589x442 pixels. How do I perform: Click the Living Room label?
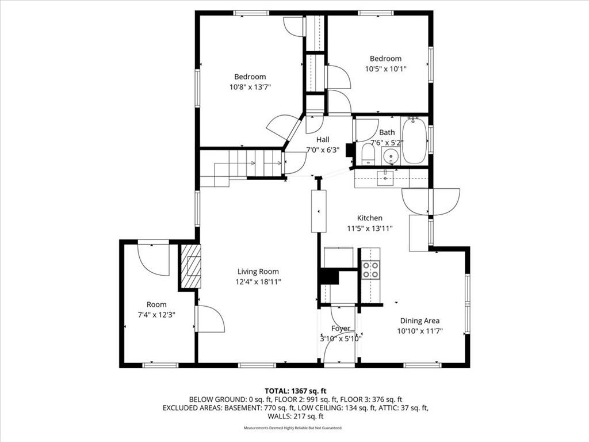tap(258, 272)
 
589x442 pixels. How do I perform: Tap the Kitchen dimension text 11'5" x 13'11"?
tap(370, 228)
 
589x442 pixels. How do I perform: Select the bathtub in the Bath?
tap(414, 140)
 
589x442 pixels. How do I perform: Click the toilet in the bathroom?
tap(368, 155)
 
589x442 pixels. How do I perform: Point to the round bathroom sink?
tap(391, 155)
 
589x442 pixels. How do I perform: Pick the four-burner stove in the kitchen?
tap(370, 270)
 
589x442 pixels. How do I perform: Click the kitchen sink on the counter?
tap(385, 178)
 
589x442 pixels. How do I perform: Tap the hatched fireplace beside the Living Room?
tap(190, 266)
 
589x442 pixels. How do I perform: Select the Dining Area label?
tap(419, 321)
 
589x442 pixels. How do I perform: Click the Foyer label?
tap(341, 329)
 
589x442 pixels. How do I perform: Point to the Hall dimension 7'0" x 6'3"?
tap(323, 150)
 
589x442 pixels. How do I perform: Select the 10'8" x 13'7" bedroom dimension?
tap(250, 87)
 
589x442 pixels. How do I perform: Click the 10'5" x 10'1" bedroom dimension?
tap(386, 69)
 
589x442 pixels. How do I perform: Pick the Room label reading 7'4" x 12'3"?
tap(156, 315)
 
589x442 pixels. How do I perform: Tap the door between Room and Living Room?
tap(211, 319)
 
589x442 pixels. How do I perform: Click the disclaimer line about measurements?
tap(293, 428)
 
